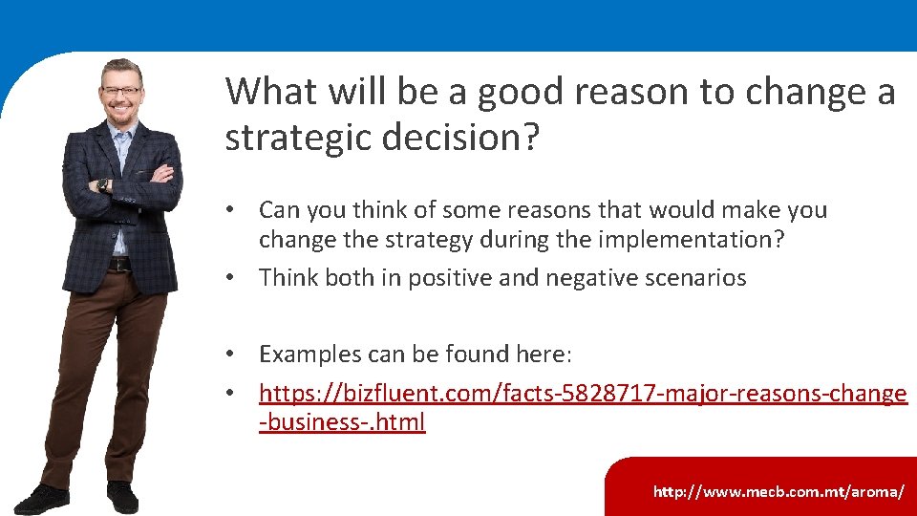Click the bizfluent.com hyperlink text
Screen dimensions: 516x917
tap(583, 394)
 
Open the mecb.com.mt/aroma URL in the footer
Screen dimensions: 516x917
tap(778, 492)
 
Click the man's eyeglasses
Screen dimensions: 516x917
tap(121, 92)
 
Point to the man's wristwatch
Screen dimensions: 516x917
tap(101, 185)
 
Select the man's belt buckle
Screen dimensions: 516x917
tap(118, 265)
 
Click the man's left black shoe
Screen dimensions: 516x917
tap(43, 498)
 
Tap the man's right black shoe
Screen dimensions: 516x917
tap(122, 496)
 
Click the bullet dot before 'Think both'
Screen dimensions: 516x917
tap(231, 279)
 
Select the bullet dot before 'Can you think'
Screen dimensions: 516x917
tap(231, 210)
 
